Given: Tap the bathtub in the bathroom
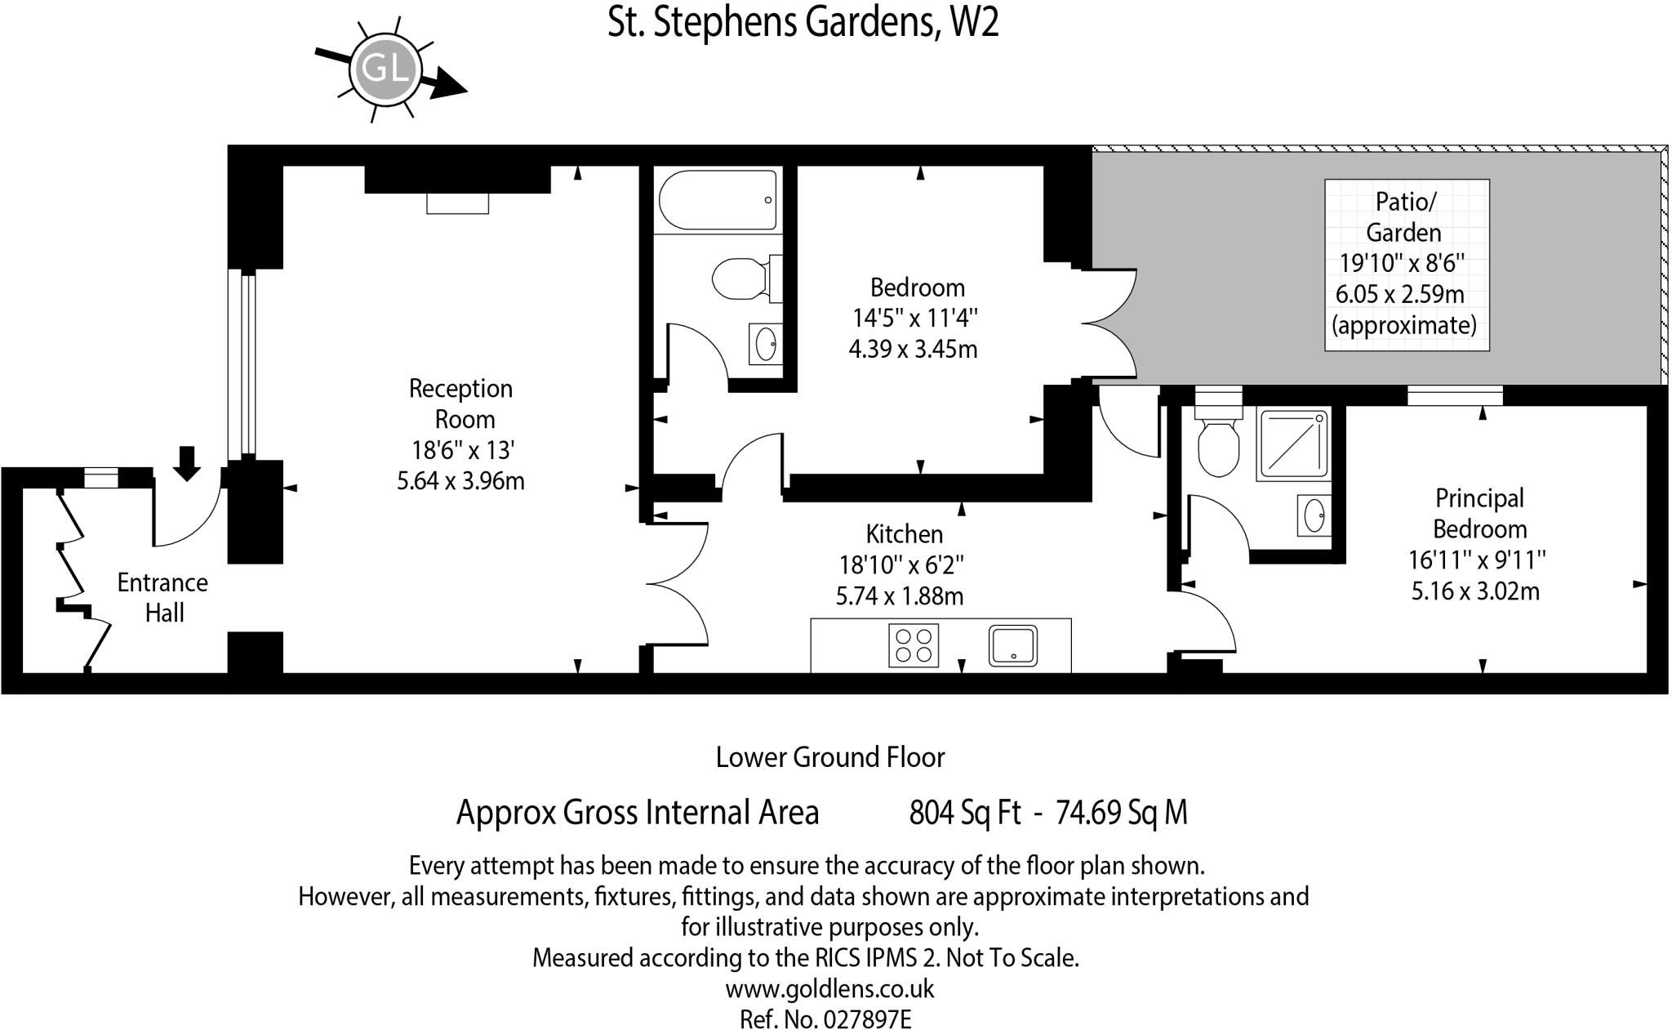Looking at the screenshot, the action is [x=718, y=200].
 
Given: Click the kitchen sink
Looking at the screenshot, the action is [x=1013, y=645].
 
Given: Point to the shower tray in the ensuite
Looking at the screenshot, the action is [x=1294, y=444].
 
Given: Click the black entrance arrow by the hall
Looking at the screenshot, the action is [x=188, y=463].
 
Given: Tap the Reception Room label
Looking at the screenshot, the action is [x=461, y=404].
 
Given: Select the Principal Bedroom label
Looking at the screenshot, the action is [x=1479, y=513].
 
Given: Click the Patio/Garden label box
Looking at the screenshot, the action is [x=1407, y=265].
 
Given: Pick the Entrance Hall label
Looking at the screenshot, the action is [x=162, y=597].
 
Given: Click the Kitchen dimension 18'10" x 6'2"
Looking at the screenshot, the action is [x=901, y=564].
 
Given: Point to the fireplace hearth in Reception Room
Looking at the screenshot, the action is [x=457, y=203].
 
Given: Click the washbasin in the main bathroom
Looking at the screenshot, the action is [x=765, y=344].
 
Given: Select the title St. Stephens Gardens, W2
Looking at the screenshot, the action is [x=803, y=22].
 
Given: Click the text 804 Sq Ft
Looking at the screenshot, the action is [x=965, y=812].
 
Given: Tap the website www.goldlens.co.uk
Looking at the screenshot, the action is [x=829, y=988].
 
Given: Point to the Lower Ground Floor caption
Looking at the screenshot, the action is [x=830, y=757].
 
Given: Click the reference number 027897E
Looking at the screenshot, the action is [x=867, y=1019].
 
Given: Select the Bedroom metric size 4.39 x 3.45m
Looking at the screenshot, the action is [x=913, y=349].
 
